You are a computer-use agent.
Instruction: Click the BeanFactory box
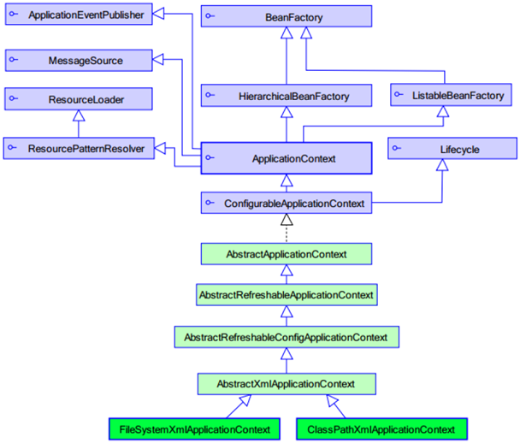tap(287, 16)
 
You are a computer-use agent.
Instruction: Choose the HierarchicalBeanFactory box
tap(287, 96)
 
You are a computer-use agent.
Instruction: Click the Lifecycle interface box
tap(453, 150)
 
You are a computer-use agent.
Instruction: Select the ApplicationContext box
tap(287, 158)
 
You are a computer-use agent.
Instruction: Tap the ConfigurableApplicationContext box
tap(287, 204)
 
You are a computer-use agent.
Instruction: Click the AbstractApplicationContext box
tap(287, 254)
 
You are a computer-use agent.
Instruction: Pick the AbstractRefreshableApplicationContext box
tap(287, 295)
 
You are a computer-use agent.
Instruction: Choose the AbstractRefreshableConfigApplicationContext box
tap(287, 338)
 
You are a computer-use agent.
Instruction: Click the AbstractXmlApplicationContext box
tap(287, 384)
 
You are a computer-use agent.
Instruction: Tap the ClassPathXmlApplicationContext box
tap(381, 428)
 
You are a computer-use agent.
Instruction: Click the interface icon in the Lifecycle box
tap(397, 150)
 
